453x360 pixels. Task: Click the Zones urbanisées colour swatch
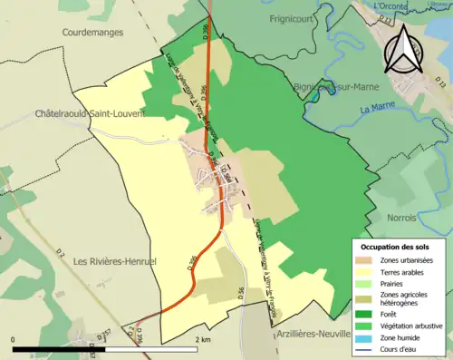coord(362,260)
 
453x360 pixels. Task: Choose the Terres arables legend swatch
coord(362,272)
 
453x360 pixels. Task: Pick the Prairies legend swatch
coord(362,283)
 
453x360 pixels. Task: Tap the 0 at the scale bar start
coord(14,339)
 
